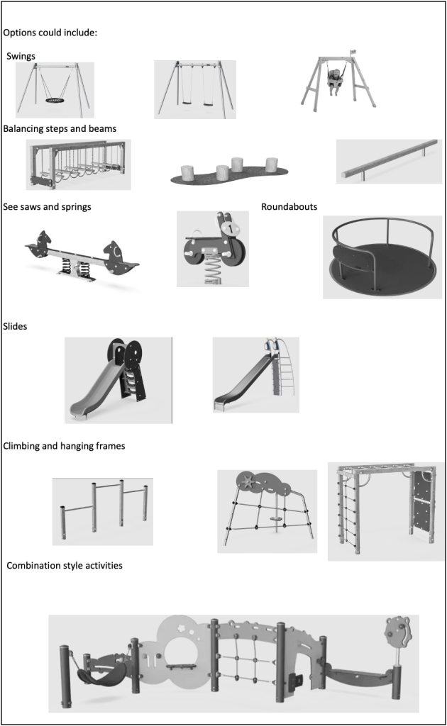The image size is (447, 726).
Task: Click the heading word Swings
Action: [x=21, y=56]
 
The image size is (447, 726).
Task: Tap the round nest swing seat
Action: [x=55, y=101]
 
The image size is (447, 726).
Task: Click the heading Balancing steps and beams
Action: [x=60, y=128]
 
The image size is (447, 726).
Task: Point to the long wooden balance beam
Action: [x=388, y=162]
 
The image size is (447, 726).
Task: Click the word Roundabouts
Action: [x=289, y=207]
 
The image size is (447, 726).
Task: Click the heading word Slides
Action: [x=16, y=327]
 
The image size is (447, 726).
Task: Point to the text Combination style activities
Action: [x=64, y=565]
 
